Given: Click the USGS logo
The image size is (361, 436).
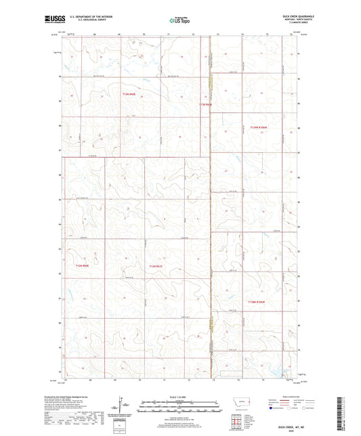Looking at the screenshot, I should [x=54, y=20].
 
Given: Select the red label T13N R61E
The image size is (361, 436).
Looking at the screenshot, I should [x=206, y=105].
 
